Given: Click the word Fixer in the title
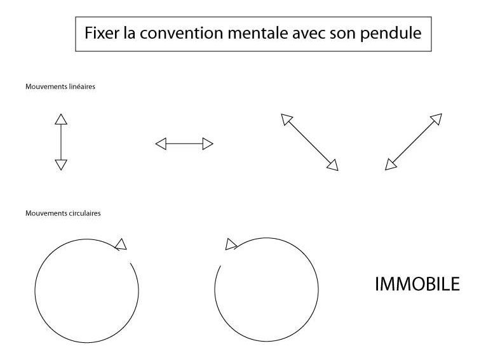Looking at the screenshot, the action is [x=102, y=33].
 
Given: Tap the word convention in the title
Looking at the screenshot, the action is [x=181, y=33].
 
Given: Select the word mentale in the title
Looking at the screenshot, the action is [x=258, y=33].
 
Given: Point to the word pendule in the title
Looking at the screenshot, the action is [x=391, y=34].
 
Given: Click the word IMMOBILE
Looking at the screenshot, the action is [x=417, y=284].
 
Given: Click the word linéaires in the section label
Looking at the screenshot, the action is [x=82, y=87].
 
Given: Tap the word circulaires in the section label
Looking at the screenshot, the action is [x=84, y=213].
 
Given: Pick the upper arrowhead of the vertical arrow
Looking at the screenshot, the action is [x=61, y=119].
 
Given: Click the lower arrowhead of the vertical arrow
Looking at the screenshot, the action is [x=61, y=165].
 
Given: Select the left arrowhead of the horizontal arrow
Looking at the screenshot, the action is [x=161, y=143].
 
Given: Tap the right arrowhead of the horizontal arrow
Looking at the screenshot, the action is [x=208, y=143].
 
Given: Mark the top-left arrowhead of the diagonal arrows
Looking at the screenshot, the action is [x=286, y=119].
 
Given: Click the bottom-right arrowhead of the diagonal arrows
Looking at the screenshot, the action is [x=333, y=165].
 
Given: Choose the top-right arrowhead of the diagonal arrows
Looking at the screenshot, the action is [x=436, y=119].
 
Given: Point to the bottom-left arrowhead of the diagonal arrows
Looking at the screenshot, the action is [x=390, y=165].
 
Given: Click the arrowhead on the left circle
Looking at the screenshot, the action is [x=121, y=244].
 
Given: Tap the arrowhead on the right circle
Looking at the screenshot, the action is [x=231, y=244].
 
